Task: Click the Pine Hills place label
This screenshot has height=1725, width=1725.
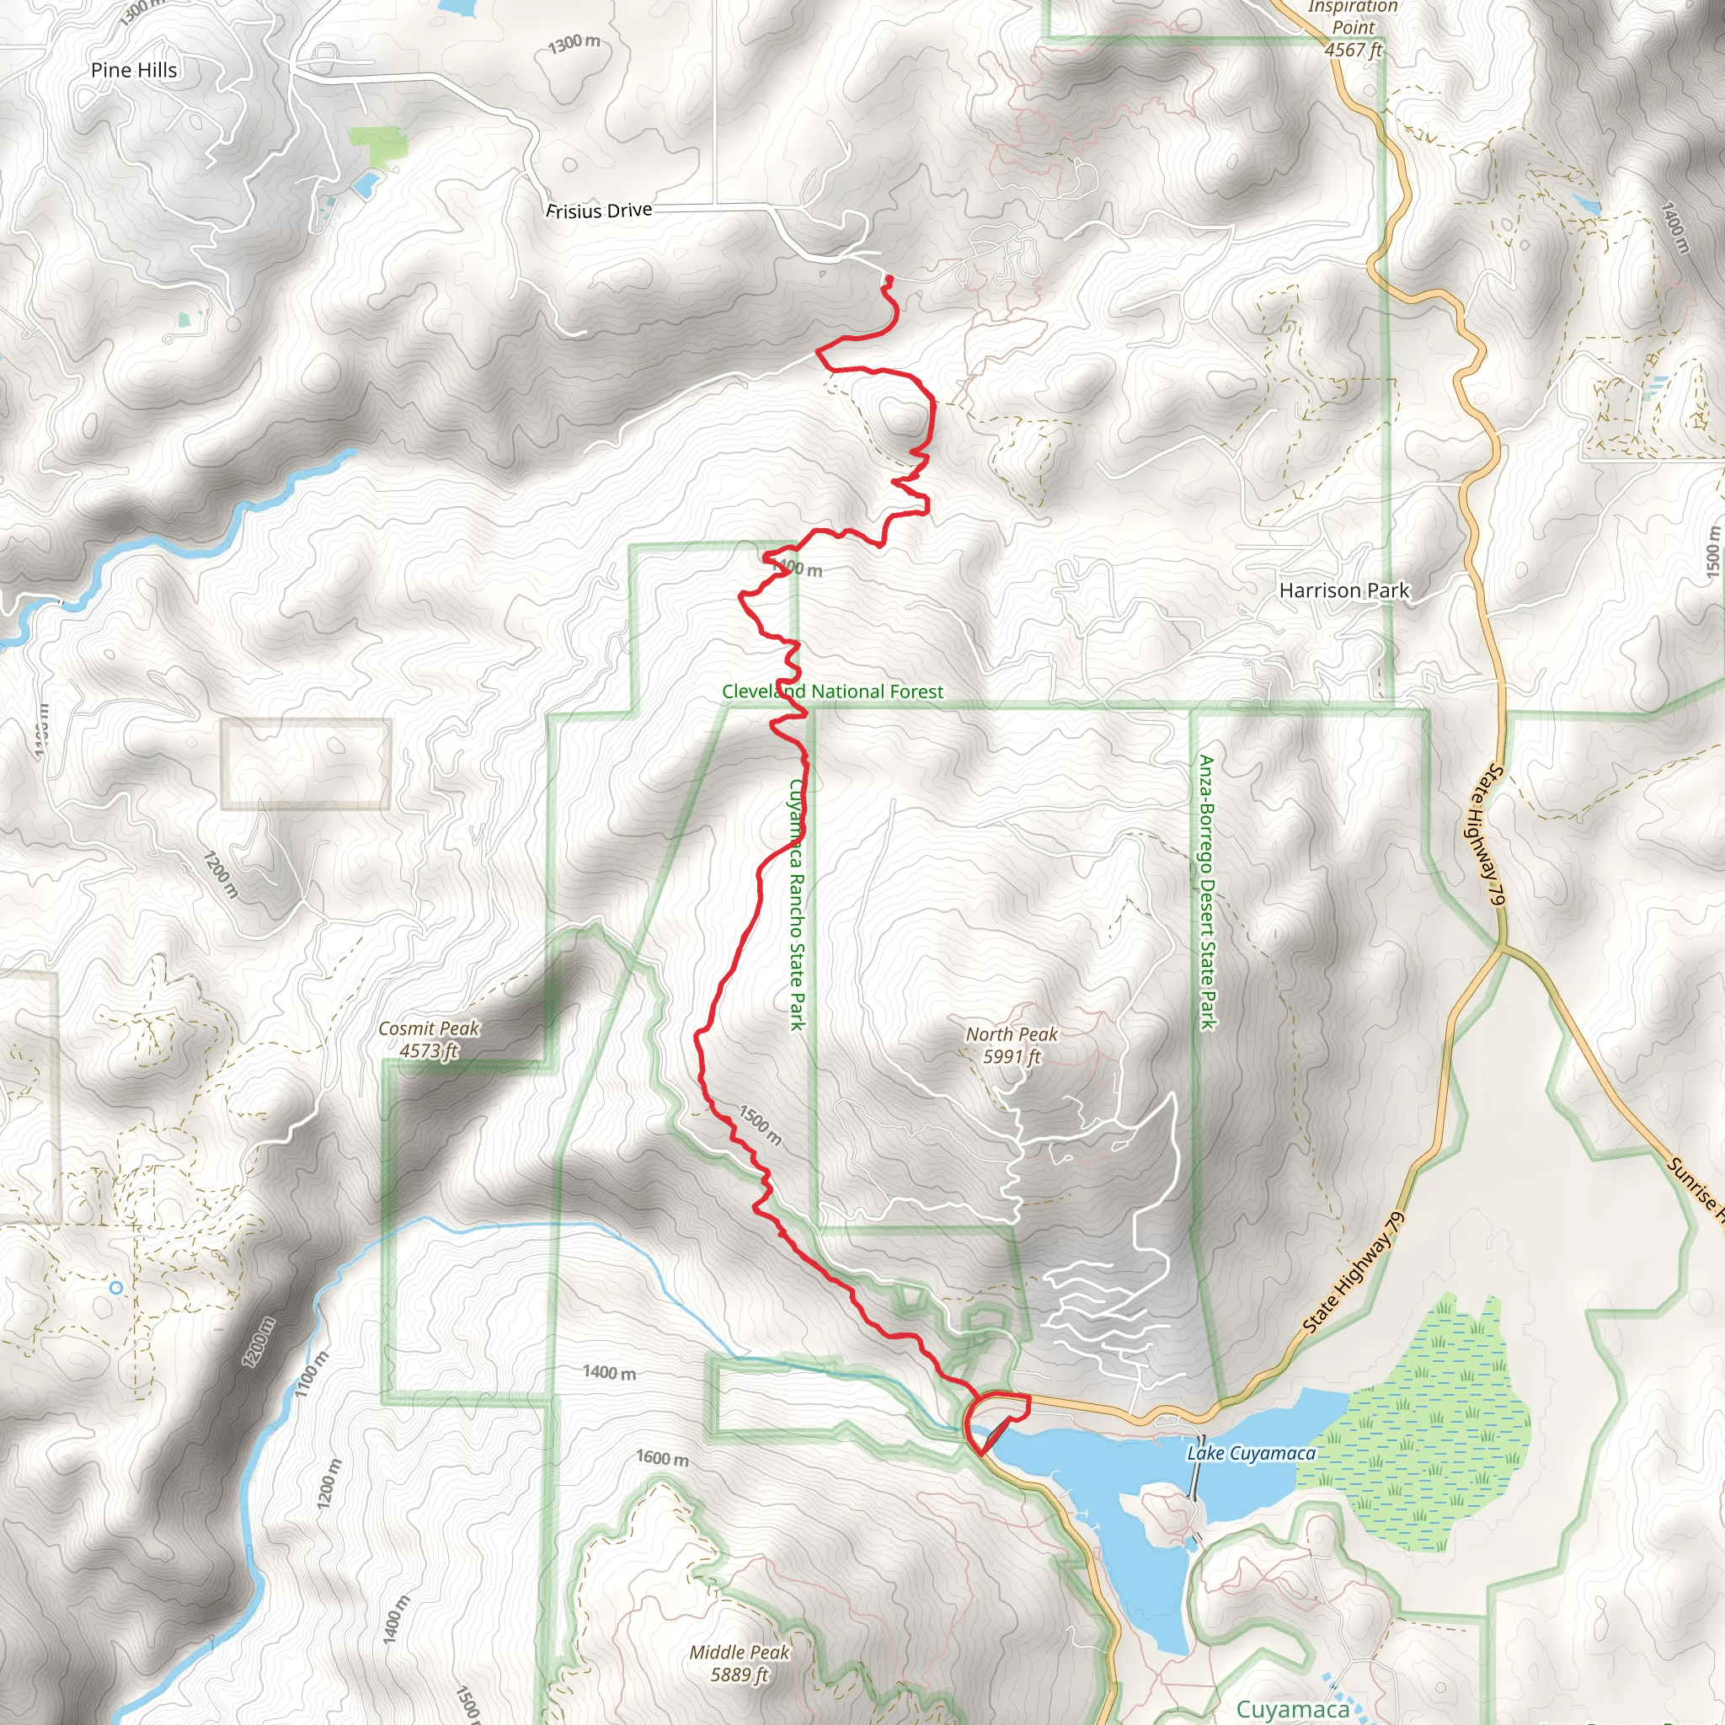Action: pos(134,70)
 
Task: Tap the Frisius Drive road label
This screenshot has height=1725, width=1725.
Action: pos(599,211)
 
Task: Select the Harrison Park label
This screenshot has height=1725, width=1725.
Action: pos(1343,590)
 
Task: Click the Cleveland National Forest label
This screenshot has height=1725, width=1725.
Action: pos(832,691)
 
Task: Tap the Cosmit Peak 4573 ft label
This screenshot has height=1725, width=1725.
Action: pos(429,1039)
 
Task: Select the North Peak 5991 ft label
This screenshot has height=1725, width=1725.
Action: pos(1012,1044)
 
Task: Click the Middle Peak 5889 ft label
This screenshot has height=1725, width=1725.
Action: pos(740,1663)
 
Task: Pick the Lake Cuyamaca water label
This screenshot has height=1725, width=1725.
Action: pos(1251,1453)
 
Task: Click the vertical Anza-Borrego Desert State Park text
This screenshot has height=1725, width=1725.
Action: pos(1206,892)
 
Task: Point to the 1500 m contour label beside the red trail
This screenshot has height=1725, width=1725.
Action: pos(760,1125)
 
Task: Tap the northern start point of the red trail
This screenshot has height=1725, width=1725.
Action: pos(889,280)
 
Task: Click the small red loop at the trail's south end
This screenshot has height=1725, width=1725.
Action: pos(996,1418)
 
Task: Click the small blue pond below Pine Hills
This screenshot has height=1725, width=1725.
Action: pos(366,184)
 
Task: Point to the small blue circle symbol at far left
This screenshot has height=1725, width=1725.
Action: pos(116,1288)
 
